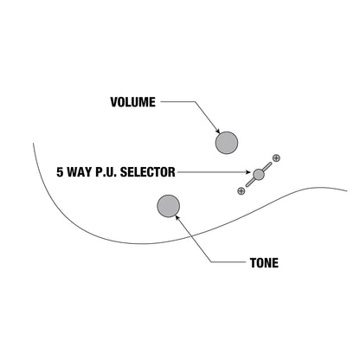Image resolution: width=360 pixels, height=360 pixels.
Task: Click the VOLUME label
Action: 133,102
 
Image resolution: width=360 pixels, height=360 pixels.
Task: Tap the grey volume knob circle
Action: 227,143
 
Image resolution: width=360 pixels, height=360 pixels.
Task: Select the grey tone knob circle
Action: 169,206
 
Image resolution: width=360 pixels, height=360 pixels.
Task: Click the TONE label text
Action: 264,263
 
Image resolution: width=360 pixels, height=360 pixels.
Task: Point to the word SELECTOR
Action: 148,172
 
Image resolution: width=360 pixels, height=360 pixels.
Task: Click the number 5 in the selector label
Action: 60,172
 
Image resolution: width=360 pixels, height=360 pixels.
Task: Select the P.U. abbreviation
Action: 106,172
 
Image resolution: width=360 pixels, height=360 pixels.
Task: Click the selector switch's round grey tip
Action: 259,174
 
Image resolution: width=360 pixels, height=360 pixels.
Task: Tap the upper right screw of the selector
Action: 276,157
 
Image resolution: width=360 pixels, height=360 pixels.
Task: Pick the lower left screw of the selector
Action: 241,190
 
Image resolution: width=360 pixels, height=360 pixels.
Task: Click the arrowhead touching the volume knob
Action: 217,131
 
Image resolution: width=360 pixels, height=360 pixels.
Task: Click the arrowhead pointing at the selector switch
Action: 248,172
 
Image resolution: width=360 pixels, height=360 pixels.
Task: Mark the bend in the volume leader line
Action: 195,101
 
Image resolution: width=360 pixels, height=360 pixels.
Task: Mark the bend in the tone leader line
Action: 211,262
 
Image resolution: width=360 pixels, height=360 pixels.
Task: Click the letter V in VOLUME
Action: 114,102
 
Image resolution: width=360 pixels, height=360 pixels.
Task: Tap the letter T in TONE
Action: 254,263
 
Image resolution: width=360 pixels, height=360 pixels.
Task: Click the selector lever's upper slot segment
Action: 267,166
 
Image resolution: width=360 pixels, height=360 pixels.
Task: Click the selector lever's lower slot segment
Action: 250,183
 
